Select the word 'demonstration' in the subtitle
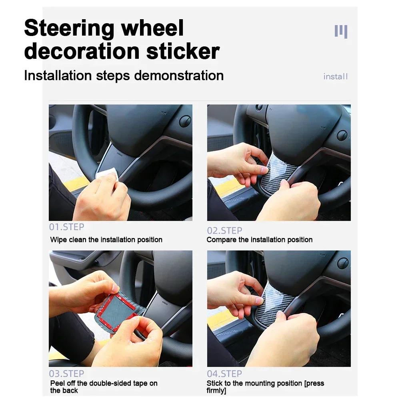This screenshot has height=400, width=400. click(179, 75)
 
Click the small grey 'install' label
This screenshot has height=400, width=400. click(335, 76)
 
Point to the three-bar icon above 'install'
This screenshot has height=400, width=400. click(341, 31)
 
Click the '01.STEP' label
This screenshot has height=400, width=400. click(66, 227)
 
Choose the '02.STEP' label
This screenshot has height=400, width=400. click(224, 231)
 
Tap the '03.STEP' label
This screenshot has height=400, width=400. click(66, 374)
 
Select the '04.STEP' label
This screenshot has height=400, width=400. click(224, 374)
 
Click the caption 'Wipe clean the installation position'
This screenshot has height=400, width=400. click(106, 240)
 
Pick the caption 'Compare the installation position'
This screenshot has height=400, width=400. click(259, 240)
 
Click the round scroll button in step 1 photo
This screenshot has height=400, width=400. click(185, 121)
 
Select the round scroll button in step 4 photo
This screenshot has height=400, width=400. click(343, 263)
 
